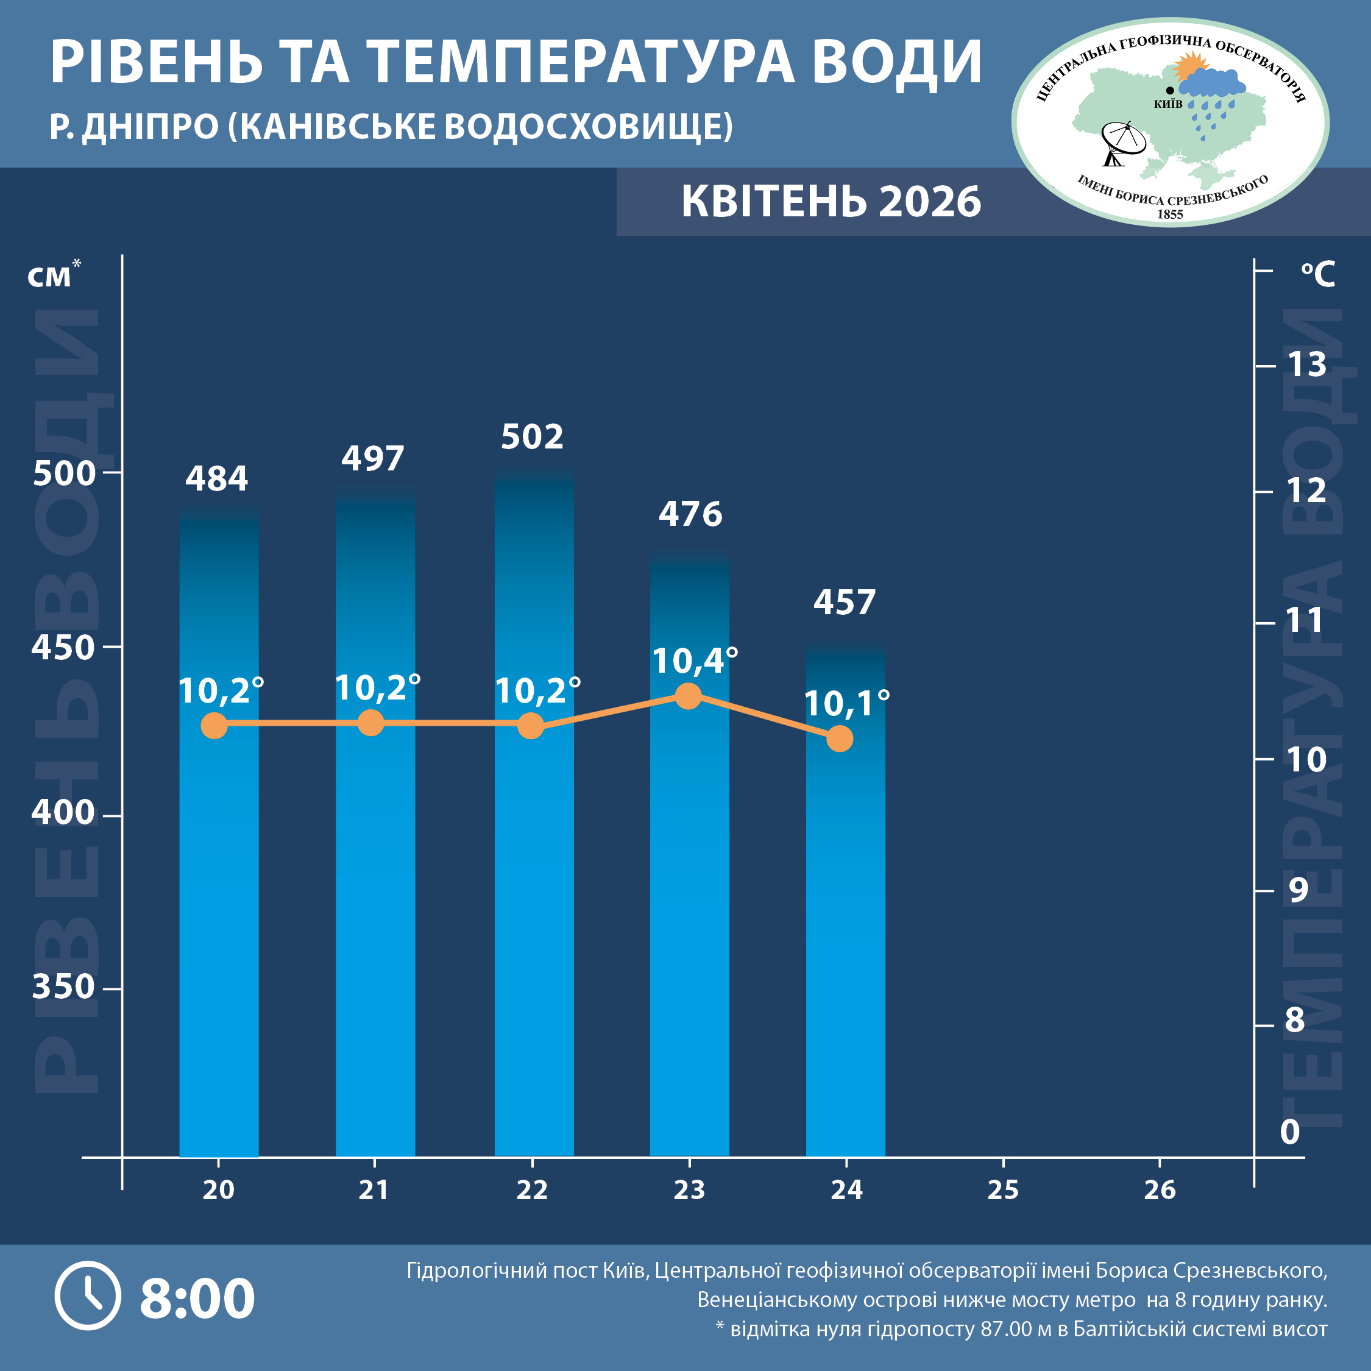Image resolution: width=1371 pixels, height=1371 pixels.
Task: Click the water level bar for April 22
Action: pos(534,816)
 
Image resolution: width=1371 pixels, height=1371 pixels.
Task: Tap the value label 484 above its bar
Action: pos(216,479)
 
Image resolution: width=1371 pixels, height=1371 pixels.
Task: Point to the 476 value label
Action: pos(690,514)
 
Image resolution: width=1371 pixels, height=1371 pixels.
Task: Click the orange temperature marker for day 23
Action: pos(687,696)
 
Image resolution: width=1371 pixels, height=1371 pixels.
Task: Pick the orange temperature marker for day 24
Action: pos(840,739)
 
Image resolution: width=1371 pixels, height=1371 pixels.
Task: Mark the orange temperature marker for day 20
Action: pos(214,725)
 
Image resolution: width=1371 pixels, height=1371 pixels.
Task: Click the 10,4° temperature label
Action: pos(694,661)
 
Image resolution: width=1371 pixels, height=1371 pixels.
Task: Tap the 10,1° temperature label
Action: pos(846,704)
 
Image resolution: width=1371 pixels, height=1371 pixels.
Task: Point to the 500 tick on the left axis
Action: pos(64,473)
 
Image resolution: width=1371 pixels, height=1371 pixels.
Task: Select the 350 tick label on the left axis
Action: pos(63,987)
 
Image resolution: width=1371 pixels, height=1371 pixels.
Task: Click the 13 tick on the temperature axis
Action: pos(1307,365)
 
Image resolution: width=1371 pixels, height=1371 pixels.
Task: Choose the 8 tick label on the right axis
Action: pos(1295,1020)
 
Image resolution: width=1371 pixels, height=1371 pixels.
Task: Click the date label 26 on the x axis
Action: pos(1160,1190)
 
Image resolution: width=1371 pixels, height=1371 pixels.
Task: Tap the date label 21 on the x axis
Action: pos(374,1190)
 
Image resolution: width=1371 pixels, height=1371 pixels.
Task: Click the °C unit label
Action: pos(1318,274)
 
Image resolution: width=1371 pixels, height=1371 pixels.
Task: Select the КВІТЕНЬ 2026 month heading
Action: pos(831,202)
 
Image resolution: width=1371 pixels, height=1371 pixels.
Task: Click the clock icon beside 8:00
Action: pos(88,1296)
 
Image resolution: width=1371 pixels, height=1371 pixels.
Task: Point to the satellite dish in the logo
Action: pos(1121,143)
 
